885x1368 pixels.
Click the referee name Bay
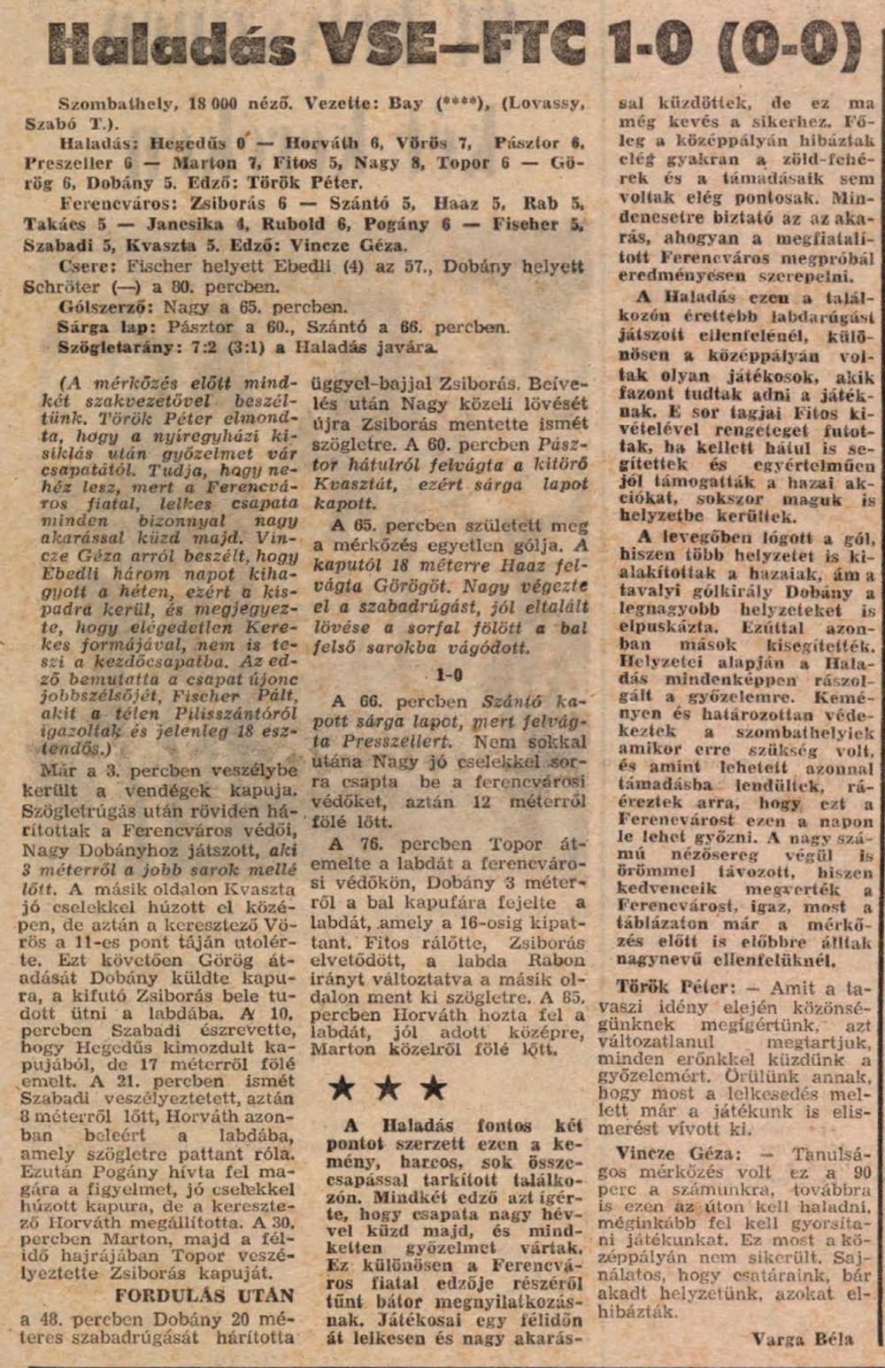406,104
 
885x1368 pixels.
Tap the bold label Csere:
88,267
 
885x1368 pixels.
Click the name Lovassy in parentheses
533,104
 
